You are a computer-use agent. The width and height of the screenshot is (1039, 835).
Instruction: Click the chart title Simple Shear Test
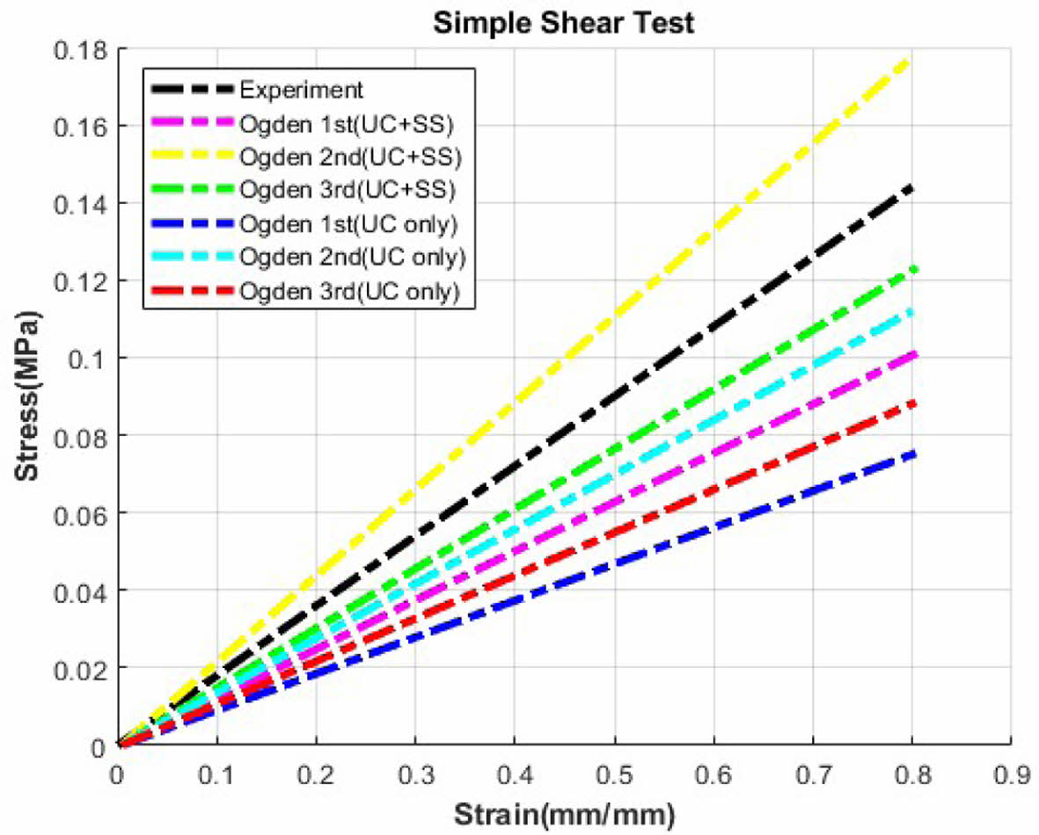(563, 23)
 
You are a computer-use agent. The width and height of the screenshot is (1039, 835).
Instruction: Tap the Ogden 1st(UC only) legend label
(348, 225)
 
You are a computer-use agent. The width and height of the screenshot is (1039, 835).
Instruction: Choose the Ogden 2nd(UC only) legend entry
(351, 258)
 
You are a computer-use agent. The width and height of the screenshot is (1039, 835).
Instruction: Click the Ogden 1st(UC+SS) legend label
(345, 124)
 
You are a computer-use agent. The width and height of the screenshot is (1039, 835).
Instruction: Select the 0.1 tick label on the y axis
(90, 359)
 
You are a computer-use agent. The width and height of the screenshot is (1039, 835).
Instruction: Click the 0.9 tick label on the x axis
(1010, 773)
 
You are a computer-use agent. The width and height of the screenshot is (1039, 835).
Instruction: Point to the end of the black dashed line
(911, 188)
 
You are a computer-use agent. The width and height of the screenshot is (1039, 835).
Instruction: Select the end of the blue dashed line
(911, 454)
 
